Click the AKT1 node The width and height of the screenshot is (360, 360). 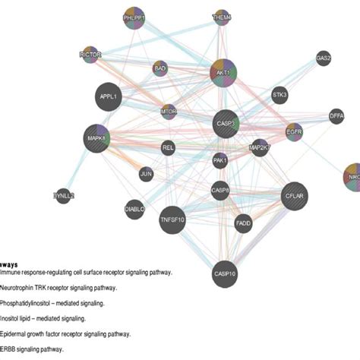pyautogui.click(x=223, y=72)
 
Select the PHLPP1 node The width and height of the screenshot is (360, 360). pyautogui.click(x=135, y=20)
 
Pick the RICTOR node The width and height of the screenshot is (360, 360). pyautogui.click(x=90, y=55)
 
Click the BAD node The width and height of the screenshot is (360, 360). pyautogui.click(x=159, y=68)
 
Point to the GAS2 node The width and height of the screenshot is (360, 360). pyautogui.click(x=324, y=58)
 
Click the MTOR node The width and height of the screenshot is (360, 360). pyautogui.click(x=169, y=112)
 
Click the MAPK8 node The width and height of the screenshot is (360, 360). pyautogui.click(x=98, y=138)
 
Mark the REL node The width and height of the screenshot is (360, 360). pyautogui.click(x=168, y=148)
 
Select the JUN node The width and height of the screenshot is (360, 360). pyautogui.click(x=147, y=175)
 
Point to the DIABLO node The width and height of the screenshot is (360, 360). pyautogui.click(x=134, y=209)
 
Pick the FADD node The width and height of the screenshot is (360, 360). pyautogui.click(x=243, y=223)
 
